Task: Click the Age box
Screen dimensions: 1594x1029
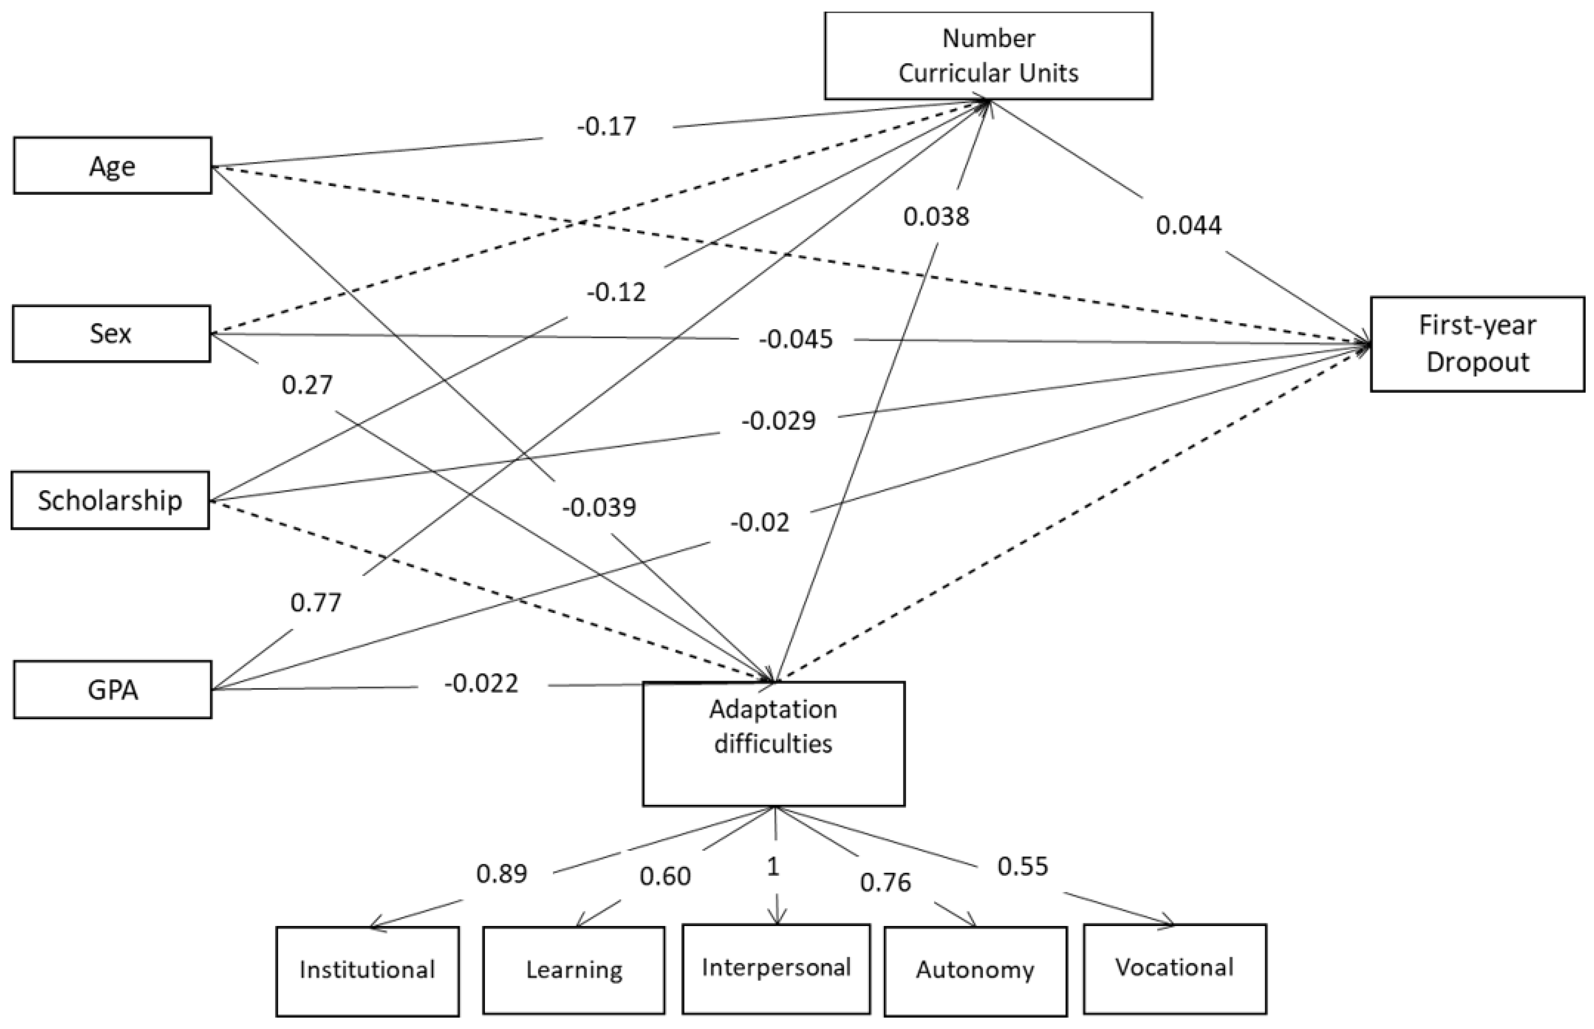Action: [112, 166]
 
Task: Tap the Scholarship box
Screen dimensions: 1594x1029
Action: [110, 501]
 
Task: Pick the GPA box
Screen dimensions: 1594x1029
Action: [112, 690]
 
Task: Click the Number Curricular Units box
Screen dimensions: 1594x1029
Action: [988, 55]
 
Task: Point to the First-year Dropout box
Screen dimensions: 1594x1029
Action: [1477, 343]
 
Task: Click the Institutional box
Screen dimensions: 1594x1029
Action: [367, 970]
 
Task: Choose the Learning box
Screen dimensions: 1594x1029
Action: [573, 970]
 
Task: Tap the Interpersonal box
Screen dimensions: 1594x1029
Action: [776, 968]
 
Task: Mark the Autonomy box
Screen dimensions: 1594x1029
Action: [975, 970]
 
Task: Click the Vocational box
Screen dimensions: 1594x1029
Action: [1174, 968]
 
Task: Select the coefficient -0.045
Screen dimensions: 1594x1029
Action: [795, 339]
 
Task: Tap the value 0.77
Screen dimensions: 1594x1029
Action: [316, 603]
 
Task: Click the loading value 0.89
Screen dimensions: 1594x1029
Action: [501, 873]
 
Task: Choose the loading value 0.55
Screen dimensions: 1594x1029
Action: [1022, 866]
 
